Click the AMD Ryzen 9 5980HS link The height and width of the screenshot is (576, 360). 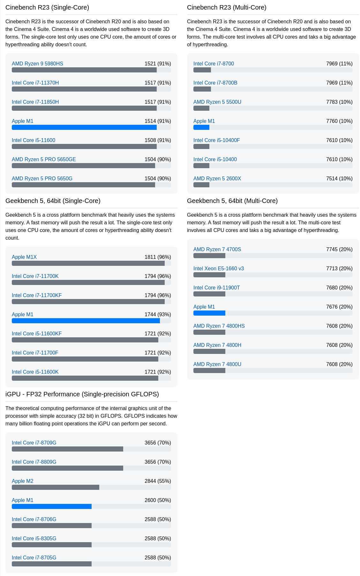pos(37,64)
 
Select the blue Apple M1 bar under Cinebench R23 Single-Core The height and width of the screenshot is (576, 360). pos(84,127)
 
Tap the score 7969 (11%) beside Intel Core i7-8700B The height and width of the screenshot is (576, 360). pos(339,83)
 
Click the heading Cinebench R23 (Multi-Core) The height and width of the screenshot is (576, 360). pos(227,7)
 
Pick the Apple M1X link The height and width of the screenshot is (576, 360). pos(24,257)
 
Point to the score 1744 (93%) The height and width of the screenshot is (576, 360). pos(158,314)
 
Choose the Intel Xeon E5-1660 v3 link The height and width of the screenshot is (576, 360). pos(219,268)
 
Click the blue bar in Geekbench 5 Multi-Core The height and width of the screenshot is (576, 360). pos(209,313)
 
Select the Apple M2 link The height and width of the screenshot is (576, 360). pos(23,481)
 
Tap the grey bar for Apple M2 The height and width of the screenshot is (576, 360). pos(56,487)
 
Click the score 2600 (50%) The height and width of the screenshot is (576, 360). pos(158,500)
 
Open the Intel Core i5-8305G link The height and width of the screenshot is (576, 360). pos(34,538)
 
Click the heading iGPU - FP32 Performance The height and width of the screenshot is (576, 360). pos(82,394)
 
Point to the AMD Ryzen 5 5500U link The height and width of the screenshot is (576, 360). pos(217,102)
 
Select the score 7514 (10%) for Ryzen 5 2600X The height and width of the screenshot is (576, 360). pos(339,178)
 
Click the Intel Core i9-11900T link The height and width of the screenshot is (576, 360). pos(217,288)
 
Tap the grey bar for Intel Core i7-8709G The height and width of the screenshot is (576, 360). pos(67,449)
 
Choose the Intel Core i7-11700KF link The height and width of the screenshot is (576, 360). pos(37,295)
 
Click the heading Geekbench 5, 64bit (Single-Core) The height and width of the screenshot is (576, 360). pos(53,201)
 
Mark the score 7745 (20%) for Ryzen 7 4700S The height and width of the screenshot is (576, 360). pos(339,249)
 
